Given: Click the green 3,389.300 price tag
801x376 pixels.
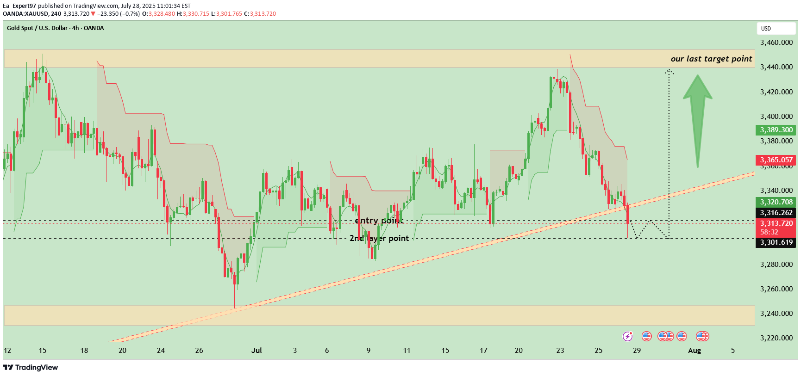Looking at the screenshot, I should (776, 130).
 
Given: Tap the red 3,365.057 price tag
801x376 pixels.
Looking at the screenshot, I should (776, 160).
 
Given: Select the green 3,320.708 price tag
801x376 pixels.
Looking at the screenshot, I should (776, 202).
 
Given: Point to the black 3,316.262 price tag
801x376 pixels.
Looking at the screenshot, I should (776, 213).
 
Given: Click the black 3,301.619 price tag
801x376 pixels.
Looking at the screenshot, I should (776, 242).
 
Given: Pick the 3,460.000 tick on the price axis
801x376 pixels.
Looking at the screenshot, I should (776, 43).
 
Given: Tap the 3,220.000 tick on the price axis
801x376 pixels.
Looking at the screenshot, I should (776, 338).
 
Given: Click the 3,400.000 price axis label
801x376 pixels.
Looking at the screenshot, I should (776, 117).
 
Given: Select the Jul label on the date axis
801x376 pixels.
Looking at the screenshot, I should (257, 351).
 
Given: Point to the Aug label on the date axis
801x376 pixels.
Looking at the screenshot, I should (695, 351).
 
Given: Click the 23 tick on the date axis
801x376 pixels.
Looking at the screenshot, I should (560, 351).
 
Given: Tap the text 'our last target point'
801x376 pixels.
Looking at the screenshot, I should (711, 59).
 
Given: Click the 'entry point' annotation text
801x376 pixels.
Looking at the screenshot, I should (379, 221).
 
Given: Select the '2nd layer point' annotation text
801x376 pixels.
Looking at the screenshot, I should (379, 238).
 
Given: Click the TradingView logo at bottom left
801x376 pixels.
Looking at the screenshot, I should (31, 367).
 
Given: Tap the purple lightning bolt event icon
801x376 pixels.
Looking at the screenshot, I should (628, 336).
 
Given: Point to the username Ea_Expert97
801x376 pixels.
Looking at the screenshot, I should (19, 6).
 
